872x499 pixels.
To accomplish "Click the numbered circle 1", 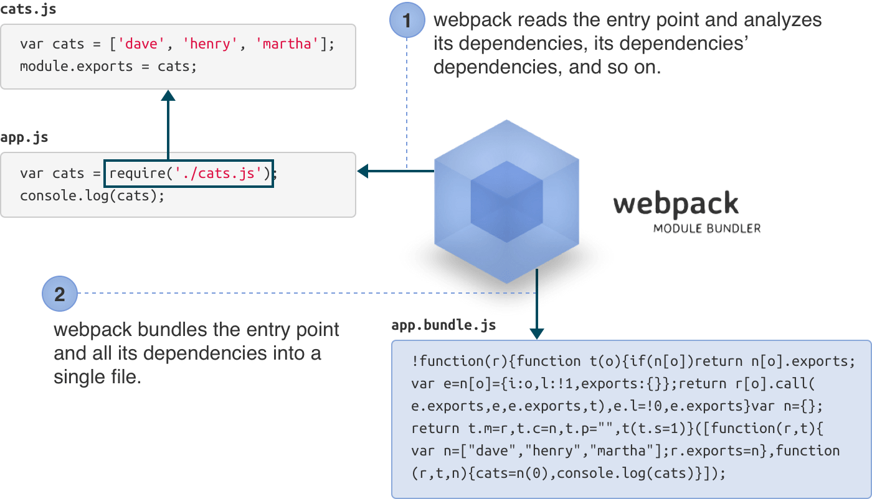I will click(407, 21).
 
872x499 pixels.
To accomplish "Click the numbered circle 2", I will click(60, 294).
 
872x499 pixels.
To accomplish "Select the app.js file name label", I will click(24, 138).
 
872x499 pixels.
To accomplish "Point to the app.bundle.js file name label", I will click(443, 325).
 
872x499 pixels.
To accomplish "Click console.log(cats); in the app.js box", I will click(92, 195).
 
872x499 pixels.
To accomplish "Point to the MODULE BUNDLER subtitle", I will click(707, 229).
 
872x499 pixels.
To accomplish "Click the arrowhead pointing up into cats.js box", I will click(168, 96).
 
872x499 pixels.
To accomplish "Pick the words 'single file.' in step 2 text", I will click(97, 377).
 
